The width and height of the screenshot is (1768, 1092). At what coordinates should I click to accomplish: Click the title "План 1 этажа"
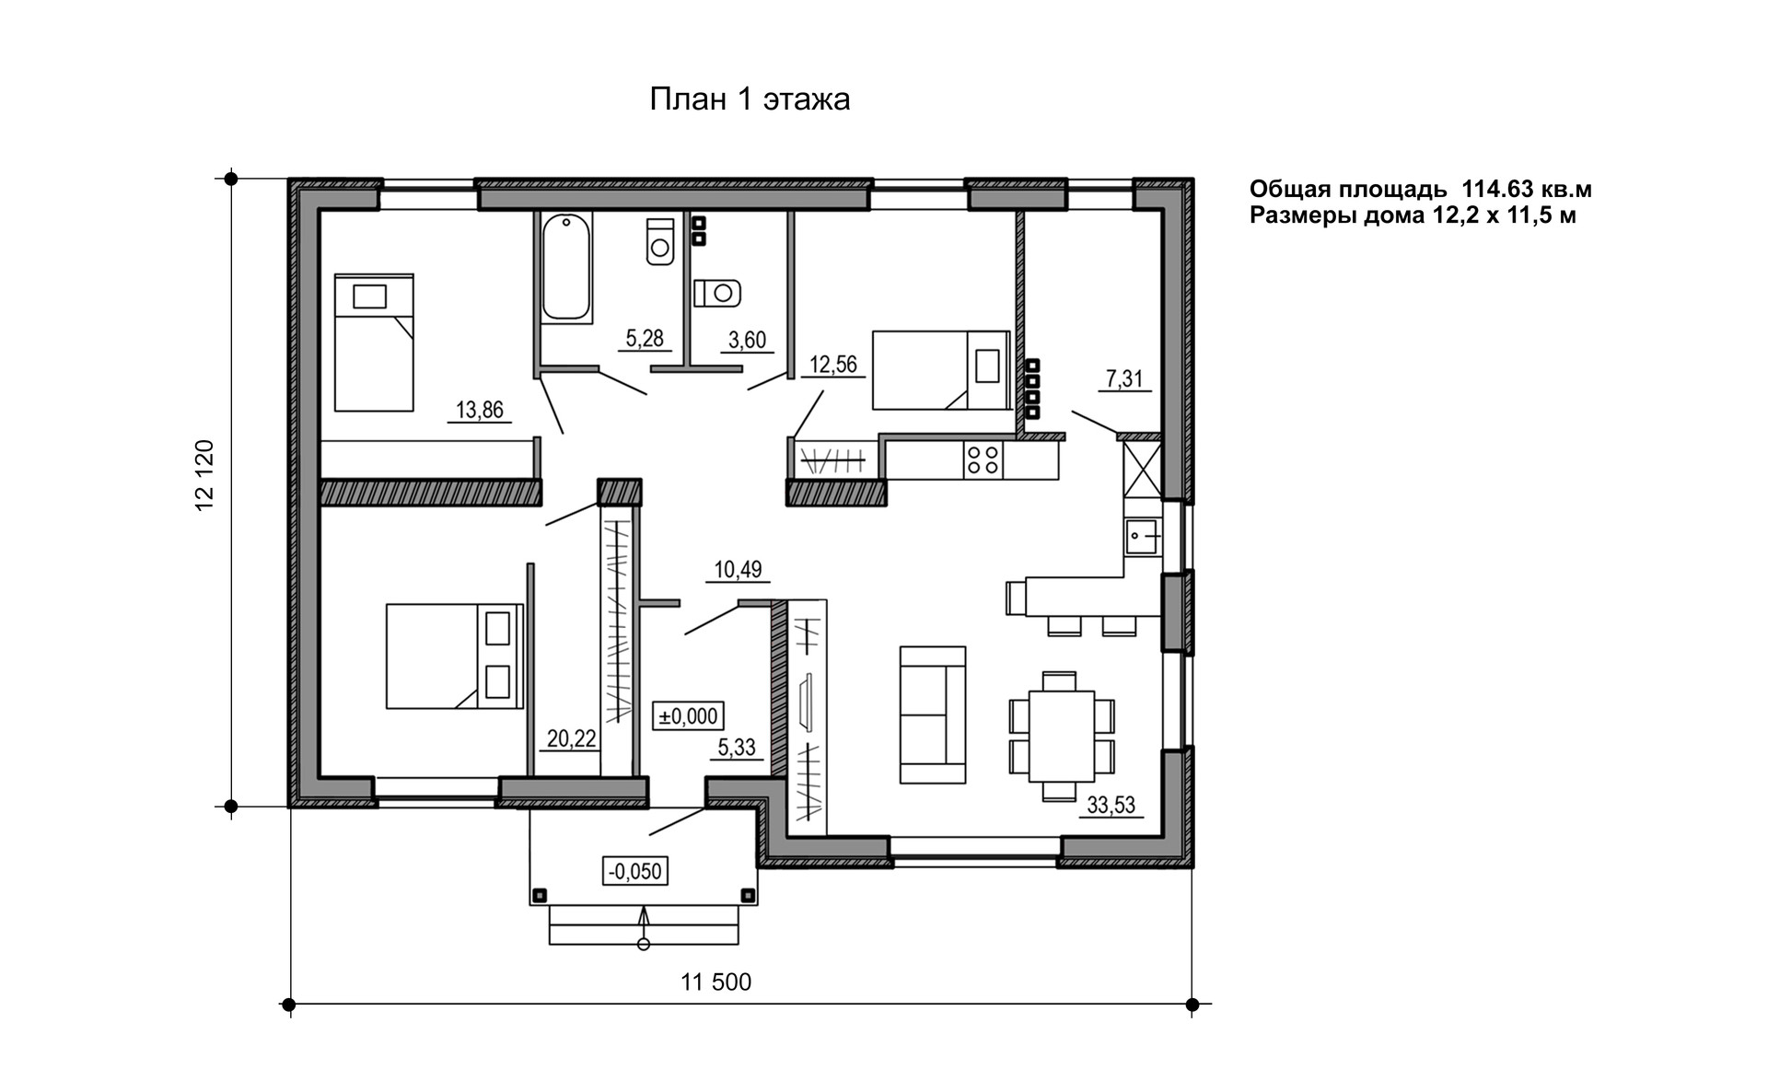tap(750, 99)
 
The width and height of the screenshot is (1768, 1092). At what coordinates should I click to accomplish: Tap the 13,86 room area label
tap(480, 410)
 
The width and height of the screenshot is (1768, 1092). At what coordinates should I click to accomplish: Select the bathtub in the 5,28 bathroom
tap(565, 267)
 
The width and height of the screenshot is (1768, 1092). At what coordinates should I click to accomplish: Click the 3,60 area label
tap(747, 341)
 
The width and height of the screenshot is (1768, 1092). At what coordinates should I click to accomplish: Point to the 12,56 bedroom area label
tap(832, 365)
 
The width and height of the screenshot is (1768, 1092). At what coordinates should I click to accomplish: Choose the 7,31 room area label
tap(1124, 378)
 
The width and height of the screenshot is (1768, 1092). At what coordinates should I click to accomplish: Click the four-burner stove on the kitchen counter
tap(983, 459)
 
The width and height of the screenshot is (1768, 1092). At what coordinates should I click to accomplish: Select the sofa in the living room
tap(933, 714)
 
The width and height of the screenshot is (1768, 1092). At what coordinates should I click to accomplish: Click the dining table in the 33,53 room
tap(1060, 736)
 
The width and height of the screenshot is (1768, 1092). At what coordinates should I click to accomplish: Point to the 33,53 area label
tap(1111, 806)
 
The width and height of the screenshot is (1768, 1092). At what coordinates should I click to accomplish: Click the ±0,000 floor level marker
tap(687, 715)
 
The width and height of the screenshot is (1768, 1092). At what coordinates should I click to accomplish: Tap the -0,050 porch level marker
tap(635, 870)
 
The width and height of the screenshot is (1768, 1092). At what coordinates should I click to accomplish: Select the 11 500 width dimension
tap(715, 982)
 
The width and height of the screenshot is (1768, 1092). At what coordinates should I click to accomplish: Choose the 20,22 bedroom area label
tap(571, 738)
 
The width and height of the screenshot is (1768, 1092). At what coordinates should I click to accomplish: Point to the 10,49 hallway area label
tap(738, 570)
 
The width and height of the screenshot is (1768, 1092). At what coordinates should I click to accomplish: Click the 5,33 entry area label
tap(737, 748)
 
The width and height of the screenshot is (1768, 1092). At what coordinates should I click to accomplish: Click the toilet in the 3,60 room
tap(718, 294)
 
